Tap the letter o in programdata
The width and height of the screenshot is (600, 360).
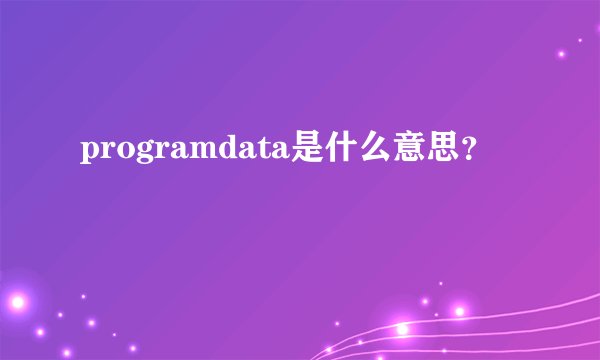pyautogui.click(x=124, y=151)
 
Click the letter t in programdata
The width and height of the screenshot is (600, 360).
pyautogui.click(x=264, y=150)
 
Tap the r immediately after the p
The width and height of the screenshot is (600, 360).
pyautogui.click(x=107, y=151)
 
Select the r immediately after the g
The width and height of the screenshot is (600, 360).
pyautogui.click(x=161, y=151)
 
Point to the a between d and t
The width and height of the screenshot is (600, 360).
pyautogui.click(x=248, y=151)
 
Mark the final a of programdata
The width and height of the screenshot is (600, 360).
pyautogui.click(x=280, y=151)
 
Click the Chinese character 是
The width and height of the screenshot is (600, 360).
pyautogui.click(x=306, y=149)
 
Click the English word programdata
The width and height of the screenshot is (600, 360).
pyautogui.click(x=184, y=151)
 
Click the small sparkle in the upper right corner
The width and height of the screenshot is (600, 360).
pyautogui.click(x=562, y=53)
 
